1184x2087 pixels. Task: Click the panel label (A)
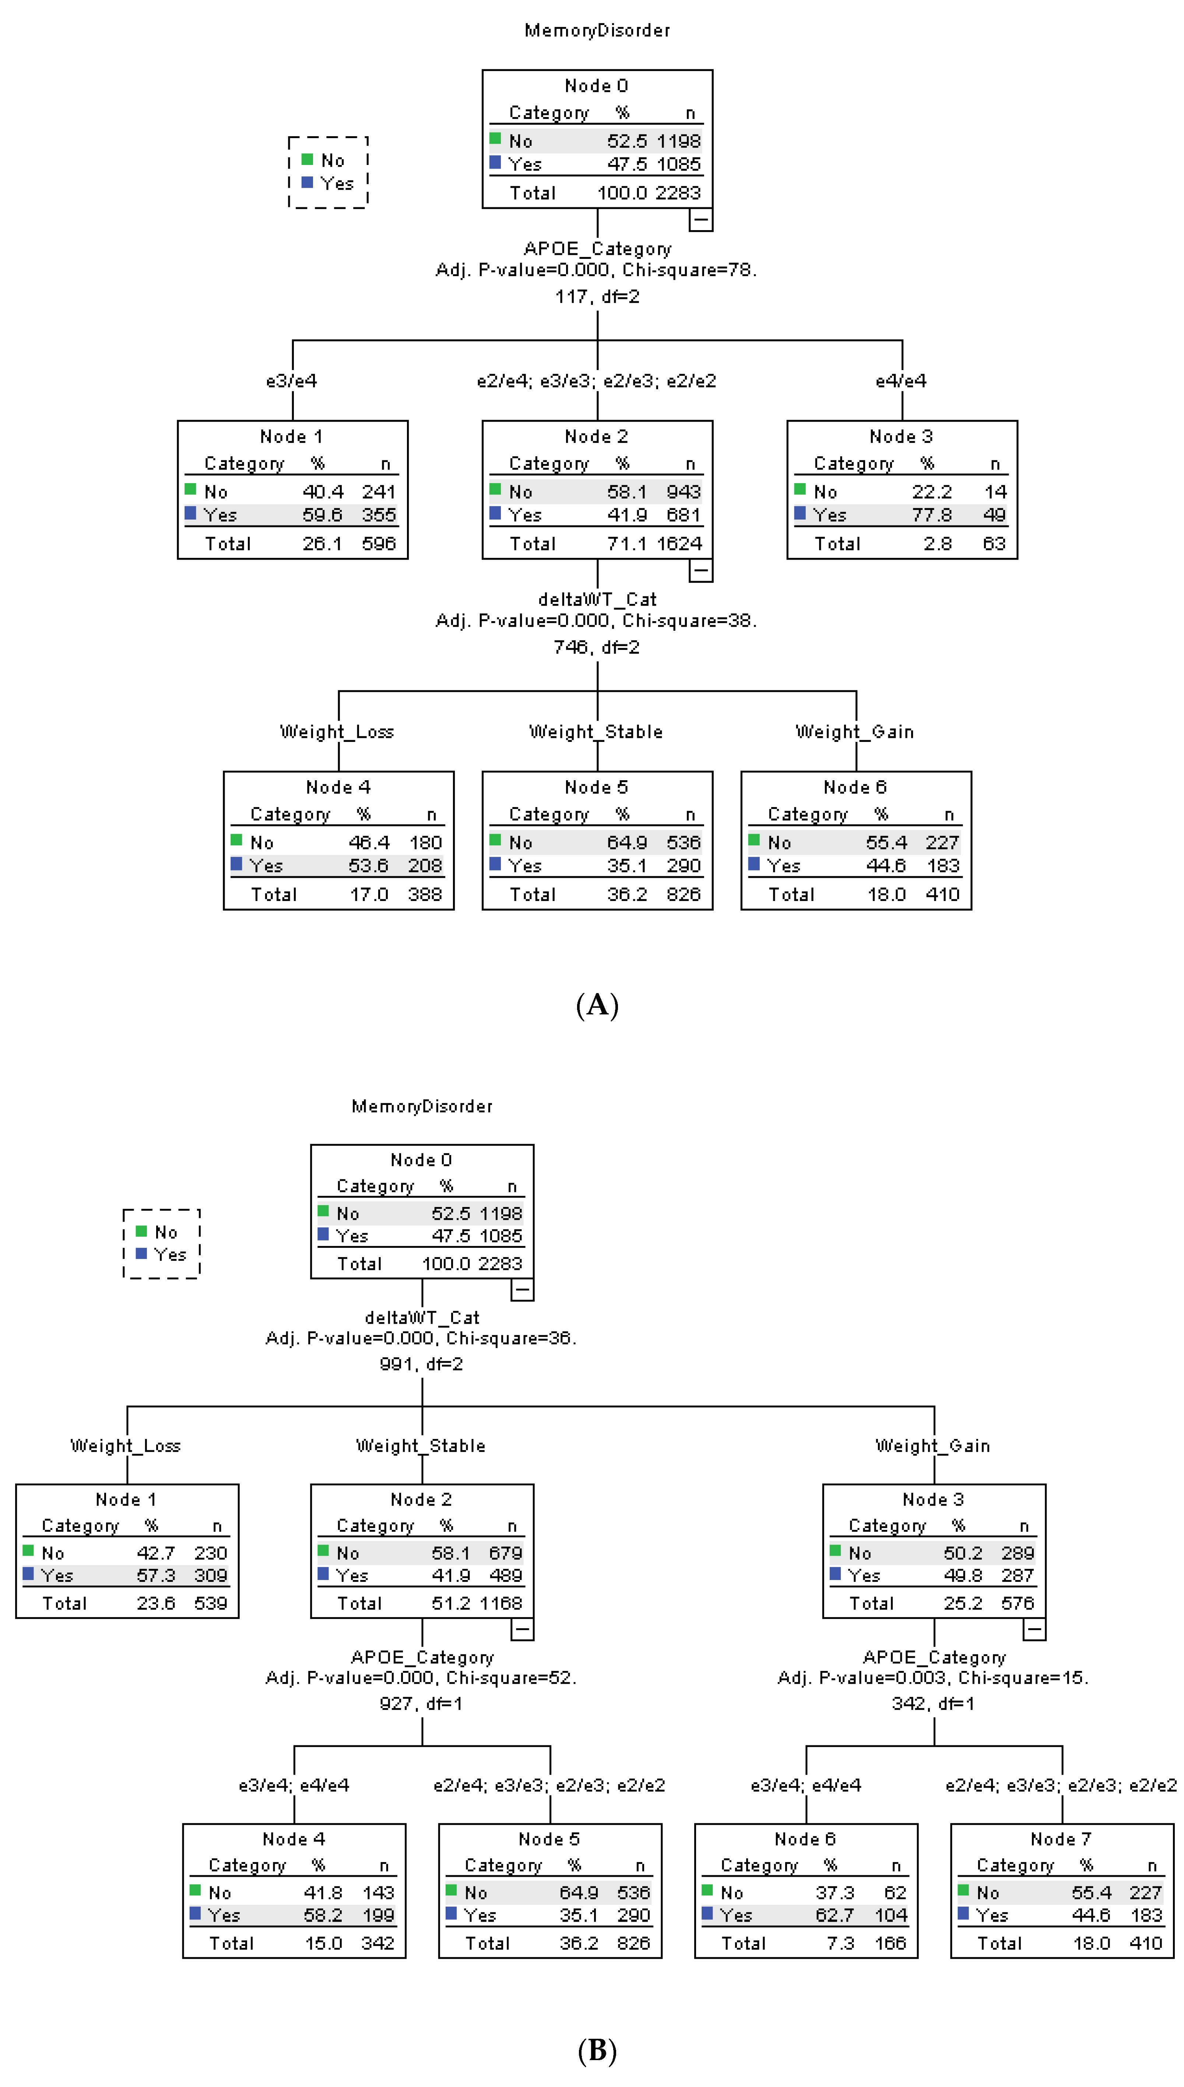[597, 1006]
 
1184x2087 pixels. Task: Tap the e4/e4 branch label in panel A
[901, 380]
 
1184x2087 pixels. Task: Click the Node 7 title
[1061, 1839]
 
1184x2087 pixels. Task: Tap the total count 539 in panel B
[211, 1603]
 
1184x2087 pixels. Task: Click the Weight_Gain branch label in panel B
[933, 1446]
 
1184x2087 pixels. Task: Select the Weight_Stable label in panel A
[596, 732]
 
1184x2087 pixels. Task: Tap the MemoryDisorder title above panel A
[597, 30]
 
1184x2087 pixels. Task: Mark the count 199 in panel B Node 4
[378, 1915]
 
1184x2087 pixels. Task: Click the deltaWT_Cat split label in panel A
[597, 599]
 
